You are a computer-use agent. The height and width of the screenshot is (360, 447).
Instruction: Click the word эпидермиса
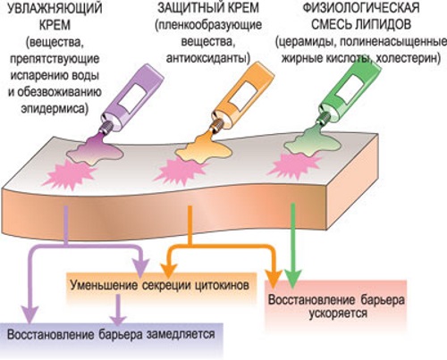(48, 110)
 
